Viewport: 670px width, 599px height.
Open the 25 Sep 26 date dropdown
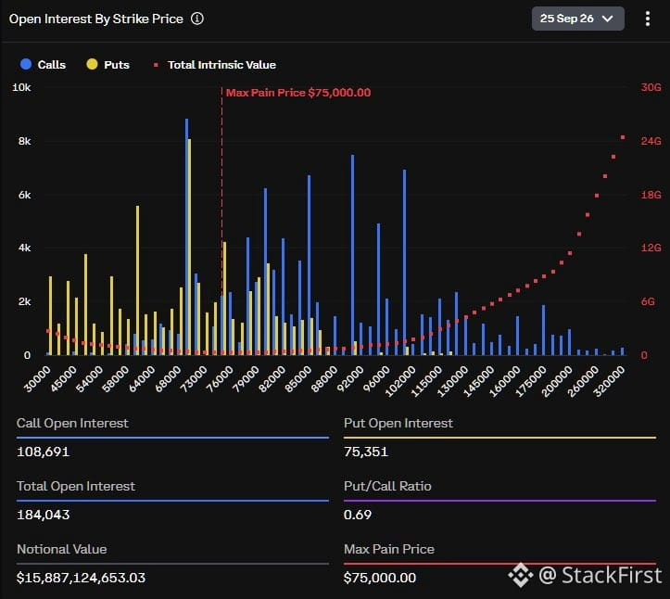point(577,19)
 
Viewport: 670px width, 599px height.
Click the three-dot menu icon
point(648,19)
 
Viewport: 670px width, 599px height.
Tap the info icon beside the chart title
point(197,19)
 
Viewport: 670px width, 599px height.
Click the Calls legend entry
point(44,65)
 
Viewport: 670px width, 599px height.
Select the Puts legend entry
point(108,65)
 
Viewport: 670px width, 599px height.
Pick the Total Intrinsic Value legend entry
point(214,65)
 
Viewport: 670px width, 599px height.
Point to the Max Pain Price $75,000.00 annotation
point(298,93)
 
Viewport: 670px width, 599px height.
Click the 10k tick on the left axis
point(21,88)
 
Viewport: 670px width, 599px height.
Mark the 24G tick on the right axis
point(651,141)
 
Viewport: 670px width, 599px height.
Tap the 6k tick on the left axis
point(24,195)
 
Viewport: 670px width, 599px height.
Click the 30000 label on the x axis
point(37,379)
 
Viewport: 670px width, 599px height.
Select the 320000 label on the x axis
point(609,381)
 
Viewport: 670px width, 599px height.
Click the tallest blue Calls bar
point(186,236)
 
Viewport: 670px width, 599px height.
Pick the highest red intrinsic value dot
point(623,137)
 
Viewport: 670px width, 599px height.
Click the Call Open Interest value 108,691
point(44,452)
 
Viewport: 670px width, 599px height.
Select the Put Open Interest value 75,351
point(366,452)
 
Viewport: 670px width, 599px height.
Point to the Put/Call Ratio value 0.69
point(358,515)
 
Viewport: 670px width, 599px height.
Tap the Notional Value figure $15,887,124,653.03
point(81,578)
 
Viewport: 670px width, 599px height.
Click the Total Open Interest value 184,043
point(44,515)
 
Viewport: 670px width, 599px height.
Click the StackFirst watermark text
point(600,575)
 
